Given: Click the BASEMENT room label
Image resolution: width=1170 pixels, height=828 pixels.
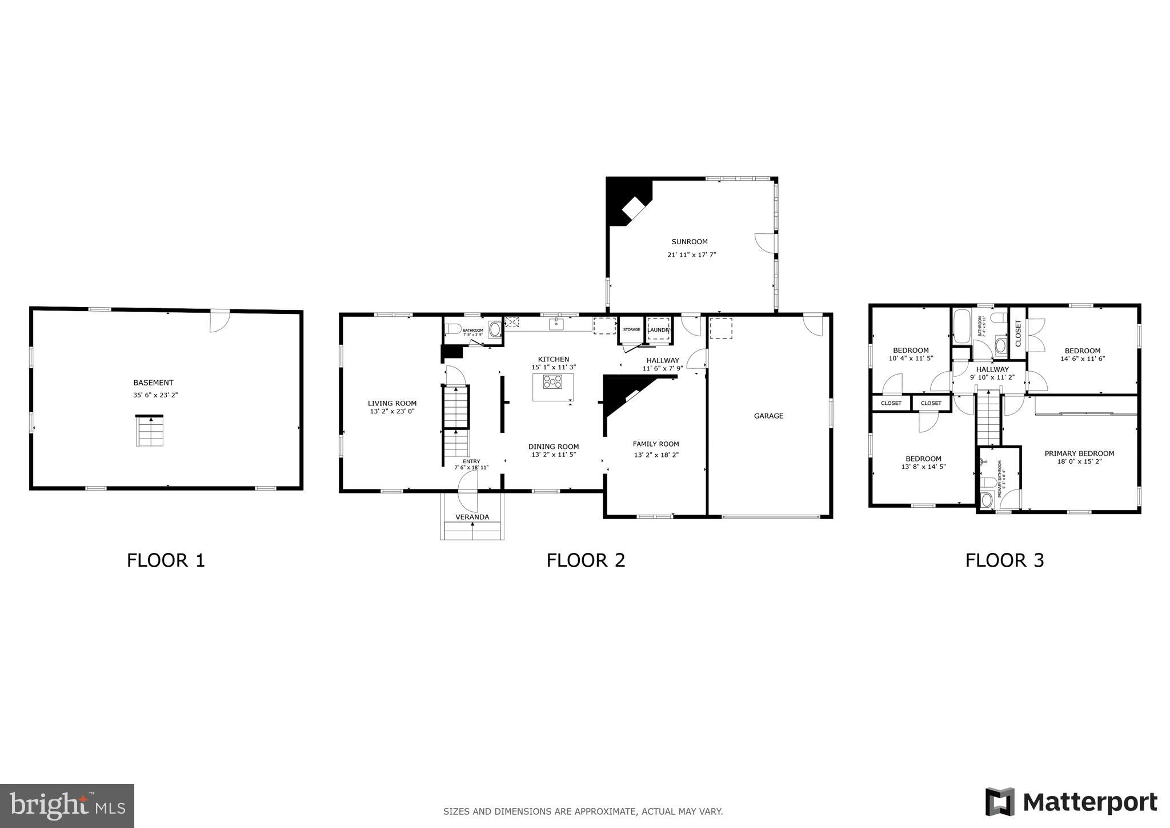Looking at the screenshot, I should pyautogui.click(x=153, y=383).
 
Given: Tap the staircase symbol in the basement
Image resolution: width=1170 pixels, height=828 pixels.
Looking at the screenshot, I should pyautogui.click(x=150, y=431).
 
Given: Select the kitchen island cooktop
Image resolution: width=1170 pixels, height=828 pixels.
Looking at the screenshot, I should pyautogui.click(x=552, y=381).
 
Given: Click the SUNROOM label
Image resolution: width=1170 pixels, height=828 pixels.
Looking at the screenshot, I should pyautogui.click(x=690, y=242).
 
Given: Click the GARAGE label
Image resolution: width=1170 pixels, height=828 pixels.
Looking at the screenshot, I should pyautogui.click(x=768, y=416).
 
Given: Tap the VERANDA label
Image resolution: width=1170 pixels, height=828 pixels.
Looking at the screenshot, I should pyautogui.click(x=472, y=517).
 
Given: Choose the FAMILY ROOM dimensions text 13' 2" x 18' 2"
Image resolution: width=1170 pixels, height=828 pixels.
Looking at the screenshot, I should pyautogui.click(x=656, y=455).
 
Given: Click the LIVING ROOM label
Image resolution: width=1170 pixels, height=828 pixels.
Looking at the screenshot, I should pyautogui.click(x=392, y=403).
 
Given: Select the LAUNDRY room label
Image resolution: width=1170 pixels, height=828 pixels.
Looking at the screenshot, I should pyautogui.click(x=658, y=330).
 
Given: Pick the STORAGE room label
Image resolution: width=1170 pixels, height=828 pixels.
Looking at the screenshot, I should pyautogui.click(x=631, y=330).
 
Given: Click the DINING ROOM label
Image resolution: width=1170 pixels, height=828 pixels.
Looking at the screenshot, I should pyautogui.click(x=553, y=447).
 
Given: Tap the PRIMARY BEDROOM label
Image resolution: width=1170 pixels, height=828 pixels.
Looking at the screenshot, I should pyautogui.click(x=1079, y=453).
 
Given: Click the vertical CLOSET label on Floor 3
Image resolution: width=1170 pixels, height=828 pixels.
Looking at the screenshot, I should pyautogui.click(x=1017, y=333).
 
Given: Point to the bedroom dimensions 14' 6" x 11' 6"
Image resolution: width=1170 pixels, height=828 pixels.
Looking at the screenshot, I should pyautogui.click(x=1083, y=359).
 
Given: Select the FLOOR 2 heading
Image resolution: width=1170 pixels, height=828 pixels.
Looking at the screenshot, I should pyautogui.click(x=586, y=560).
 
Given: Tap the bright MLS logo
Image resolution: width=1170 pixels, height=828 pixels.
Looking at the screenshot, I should pyautogui.click(x=67, y=806).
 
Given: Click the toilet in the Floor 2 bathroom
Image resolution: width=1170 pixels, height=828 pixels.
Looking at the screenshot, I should pyautogui.click(x=454, y=329).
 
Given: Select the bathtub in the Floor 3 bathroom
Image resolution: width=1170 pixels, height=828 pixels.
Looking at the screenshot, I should pyautogui.click(x=962, y=327).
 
